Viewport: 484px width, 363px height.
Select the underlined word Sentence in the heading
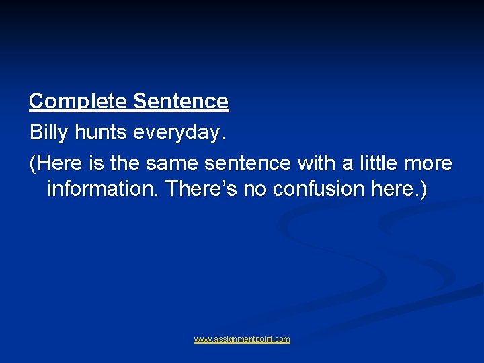(x=181, y=102)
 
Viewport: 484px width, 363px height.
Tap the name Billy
(x=49, y=132)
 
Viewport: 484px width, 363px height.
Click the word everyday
(x=179, y=132)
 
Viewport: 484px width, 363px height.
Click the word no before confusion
(x=254, y=189)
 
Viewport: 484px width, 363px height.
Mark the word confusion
(x=319, y=189)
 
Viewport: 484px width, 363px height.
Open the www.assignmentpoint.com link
(x=242, y=339)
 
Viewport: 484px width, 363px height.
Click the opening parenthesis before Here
(x=32, y=163)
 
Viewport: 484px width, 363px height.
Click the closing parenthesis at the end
(x=423, y=189)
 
